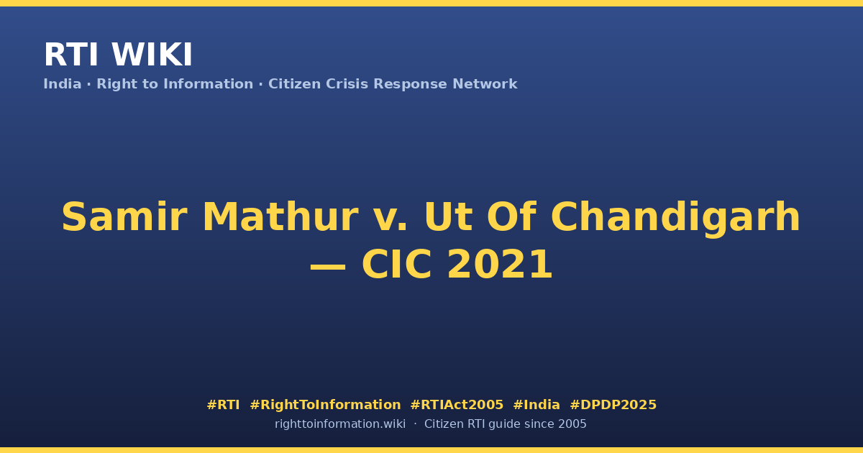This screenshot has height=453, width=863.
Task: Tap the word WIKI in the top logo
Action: pyautogui.click(x=152, y=55)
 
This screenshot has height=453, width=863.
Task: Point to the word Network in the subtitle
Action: pyautogui.click(x=485, y=84)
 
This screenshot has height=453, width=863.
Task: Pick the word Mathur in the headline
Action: pyautogui.click(x=280, y=217)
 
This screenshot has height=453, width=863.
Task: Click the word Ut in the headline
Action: pyautogui.click(x=448, y=217)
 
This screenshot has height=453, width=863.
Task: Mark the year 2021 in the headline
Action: pyautogui.click(x=500, y=265)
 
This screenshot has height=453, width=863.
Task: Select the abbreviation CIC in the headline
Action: pyautogui.click(x=396, y=265)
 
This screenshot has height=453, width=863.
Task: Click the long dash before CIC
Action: pyautogui.click(x=328, y=267)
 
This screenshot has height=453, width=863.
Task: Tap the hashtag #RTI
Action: pyautogui.click(x=223, y=405)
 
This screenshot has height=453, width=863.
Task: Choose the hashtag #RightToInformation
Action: pyautogui.click(x=325, y=405)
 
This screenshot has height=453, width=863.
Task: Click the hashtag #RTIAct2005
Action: pyautogui.click(x=457, y=405)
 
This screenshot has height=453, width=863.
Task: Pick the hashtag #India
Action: pyautogui.click(x=536, y=405)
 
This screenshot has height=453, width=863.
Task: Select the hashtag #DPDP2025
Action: pyautogui.click(x=613, y=405)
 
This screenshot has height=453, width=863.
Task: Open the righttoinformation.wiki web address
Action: pyautogui.click(x=339, y=424)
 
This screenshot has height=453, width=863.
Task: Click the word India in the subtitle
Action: pyautogui.click(x=63, y=84)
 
